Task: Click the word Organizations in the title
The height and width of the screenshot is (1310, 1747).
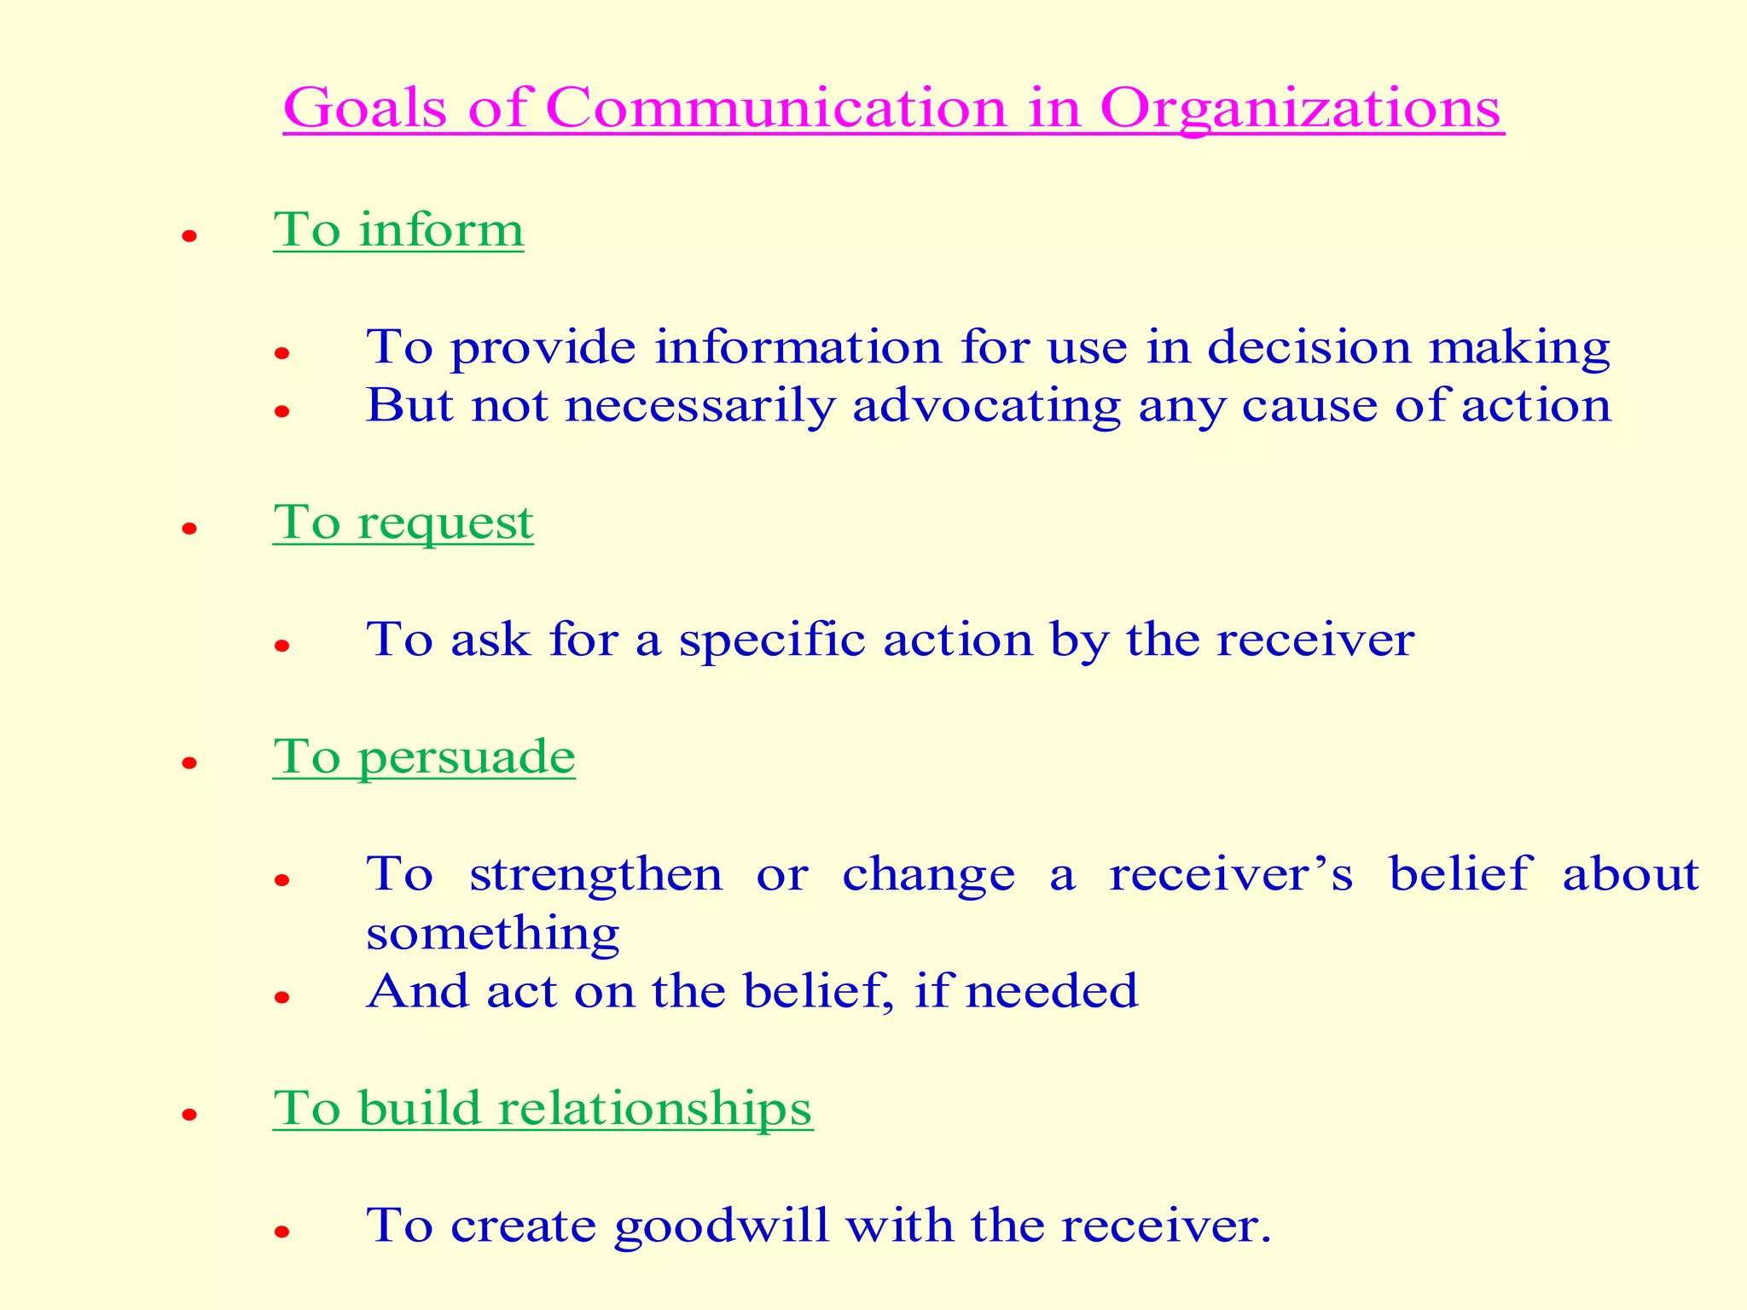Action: click(x=1300, y=109)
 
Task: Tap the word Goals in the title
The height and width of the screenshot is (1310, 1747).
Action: click(x=366, y=109)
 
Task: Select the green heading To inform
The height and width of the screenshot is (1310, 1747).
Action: click(x=398, y=229)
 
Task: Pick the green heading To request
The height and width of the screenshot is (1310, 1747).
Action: click(x=403, y=523)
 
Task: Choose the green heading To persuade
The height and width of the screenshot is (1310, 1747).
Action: click(x=424, y=756)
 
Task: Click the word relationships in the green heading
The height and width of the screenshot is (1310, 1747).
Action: click(x=655, y=1109)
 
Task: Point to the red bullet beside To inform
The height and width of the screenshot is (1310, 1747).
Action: click(x=189, y=236)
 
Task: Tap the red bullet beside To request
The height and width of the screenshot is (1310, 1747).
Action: click(x=189, y=530)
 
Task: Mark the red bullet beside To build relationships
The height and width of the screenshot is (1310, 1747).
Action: click(x=189, y=1115)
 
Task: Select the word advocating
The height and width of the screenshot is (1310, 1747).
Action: click(x=987, y=405)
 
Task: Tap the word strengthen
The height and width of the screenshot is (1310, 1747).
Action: click(x=595, y=874)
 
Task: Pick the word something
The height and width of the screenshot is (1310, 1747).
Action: click(x=492, y=934)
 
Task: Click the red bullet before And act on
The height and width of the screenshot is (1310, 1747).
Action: click(x=282, y=997)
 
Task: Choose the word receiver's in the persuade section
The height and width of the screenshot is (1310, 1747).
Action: click(x=1231, y=874)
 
